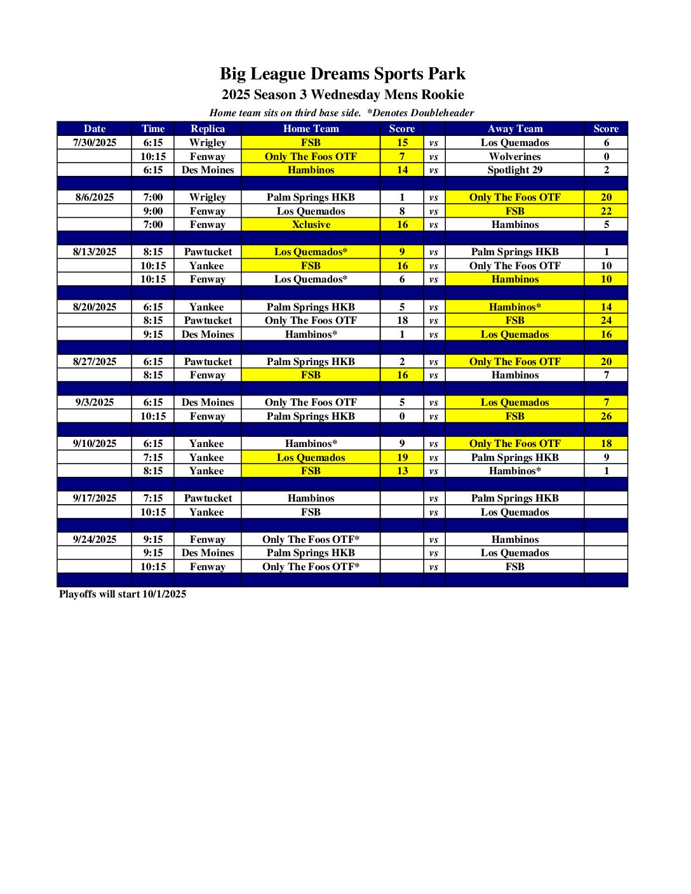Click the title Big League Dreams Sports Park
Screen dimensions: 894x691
pyautogui.click(x=342, y=74)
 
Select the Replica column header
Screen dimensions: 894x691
pyautogui.click(x=208, y=128)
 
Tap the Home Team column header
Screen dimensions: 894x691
pyautogui.click(x=311, y=128)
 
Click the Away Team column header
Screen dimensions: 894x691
pyautogui.click(x=514, y=128)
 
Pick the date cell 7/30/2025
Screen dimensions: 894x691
pyautogui.click(x=95, y=142)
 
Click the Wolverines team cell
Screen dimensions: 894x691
pyautogui.click(x=514, y=156)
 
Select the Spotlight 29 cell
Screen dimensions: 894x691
pyautogui.click(x=514, y=170)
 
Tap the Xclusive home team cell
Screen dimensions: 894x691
pyautogui.click(x=311, y=224)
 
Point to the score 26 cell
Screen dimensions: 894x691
pyautogui.click(x=606, y=416)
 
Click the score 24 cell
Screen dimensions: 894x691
pyautogui.click(x=606, y=320)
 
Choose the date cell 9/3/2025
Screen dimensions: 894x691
pyautogui.click(x=95, y=402)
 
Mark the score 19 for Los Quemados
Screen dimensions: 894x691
pyautogui.click(x=402, y=457)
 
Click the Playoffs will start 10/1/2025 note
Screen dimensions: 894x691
pyautogui.click(x=123, y=594)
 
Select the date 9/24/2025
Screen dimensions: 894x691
pyautogui.click(x=95, y=539)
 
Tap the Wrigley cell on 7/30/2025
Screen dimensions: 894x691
pyautogui.click(x=208, y=142)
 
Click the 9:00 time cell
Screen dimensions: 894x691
pyautogui.click(x=153, y=211)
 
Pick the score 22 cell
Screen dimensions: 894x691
pyautogui.click(x=606, y=211)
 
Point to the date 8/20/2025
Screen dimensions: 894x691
pyautogui.click(x=95, y=307)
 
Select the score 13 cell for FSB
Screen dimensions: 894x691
pyautogui.click(x=402, y=470)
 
